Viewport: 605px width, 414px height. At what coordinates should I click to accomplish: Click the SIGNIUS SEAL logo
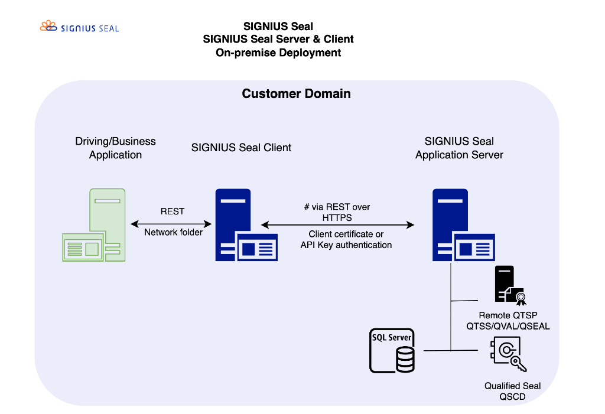[79, 27]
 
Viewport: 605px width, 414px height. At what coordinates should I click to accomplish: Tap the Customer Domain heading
[296, 94]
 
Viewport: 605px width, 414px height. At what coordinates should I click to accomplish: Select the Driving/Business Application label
[115, 148]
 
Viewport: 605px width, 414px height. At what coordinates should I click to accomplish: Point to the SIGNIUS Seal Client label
[241, 148]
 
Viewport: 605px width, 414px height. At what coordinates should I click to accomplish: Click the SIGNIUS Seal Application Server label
[459, 148]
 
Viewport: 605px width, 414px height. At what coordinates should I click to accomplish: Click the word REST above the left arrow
[173, 211]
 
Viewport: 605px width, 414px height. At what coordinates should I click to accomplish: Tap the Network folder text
[174, 233]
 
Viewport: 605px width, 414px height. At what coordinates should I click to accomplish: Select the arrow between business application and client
[171, 223]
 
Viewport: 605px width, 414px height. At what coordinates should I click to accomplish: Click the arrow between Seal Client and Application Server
[337, 224]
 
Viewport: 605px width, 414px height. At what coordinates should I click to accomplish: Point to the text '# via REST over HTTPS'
[337, 213]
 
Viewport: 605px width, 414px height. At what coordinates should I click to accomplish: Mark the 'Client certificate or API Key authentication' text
[346, 240]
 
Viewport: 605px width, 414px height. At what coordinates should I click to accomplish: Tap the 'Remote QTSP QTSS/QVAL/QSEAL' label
[508, 321]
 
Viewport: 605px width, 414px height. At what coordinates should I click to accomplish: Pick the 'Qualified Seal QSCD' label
[512, 391]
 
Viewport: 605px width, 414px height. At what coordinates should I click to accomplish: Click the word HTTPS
[337, 218]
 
